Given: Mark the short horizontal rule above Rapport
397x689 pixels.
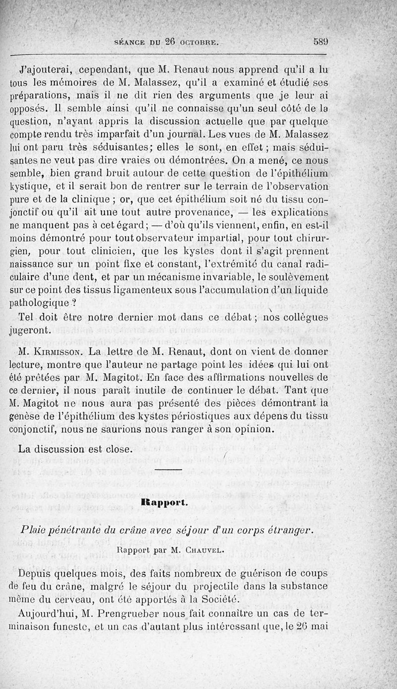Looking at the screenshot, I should pyautogui.click(x=168, y=469).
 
